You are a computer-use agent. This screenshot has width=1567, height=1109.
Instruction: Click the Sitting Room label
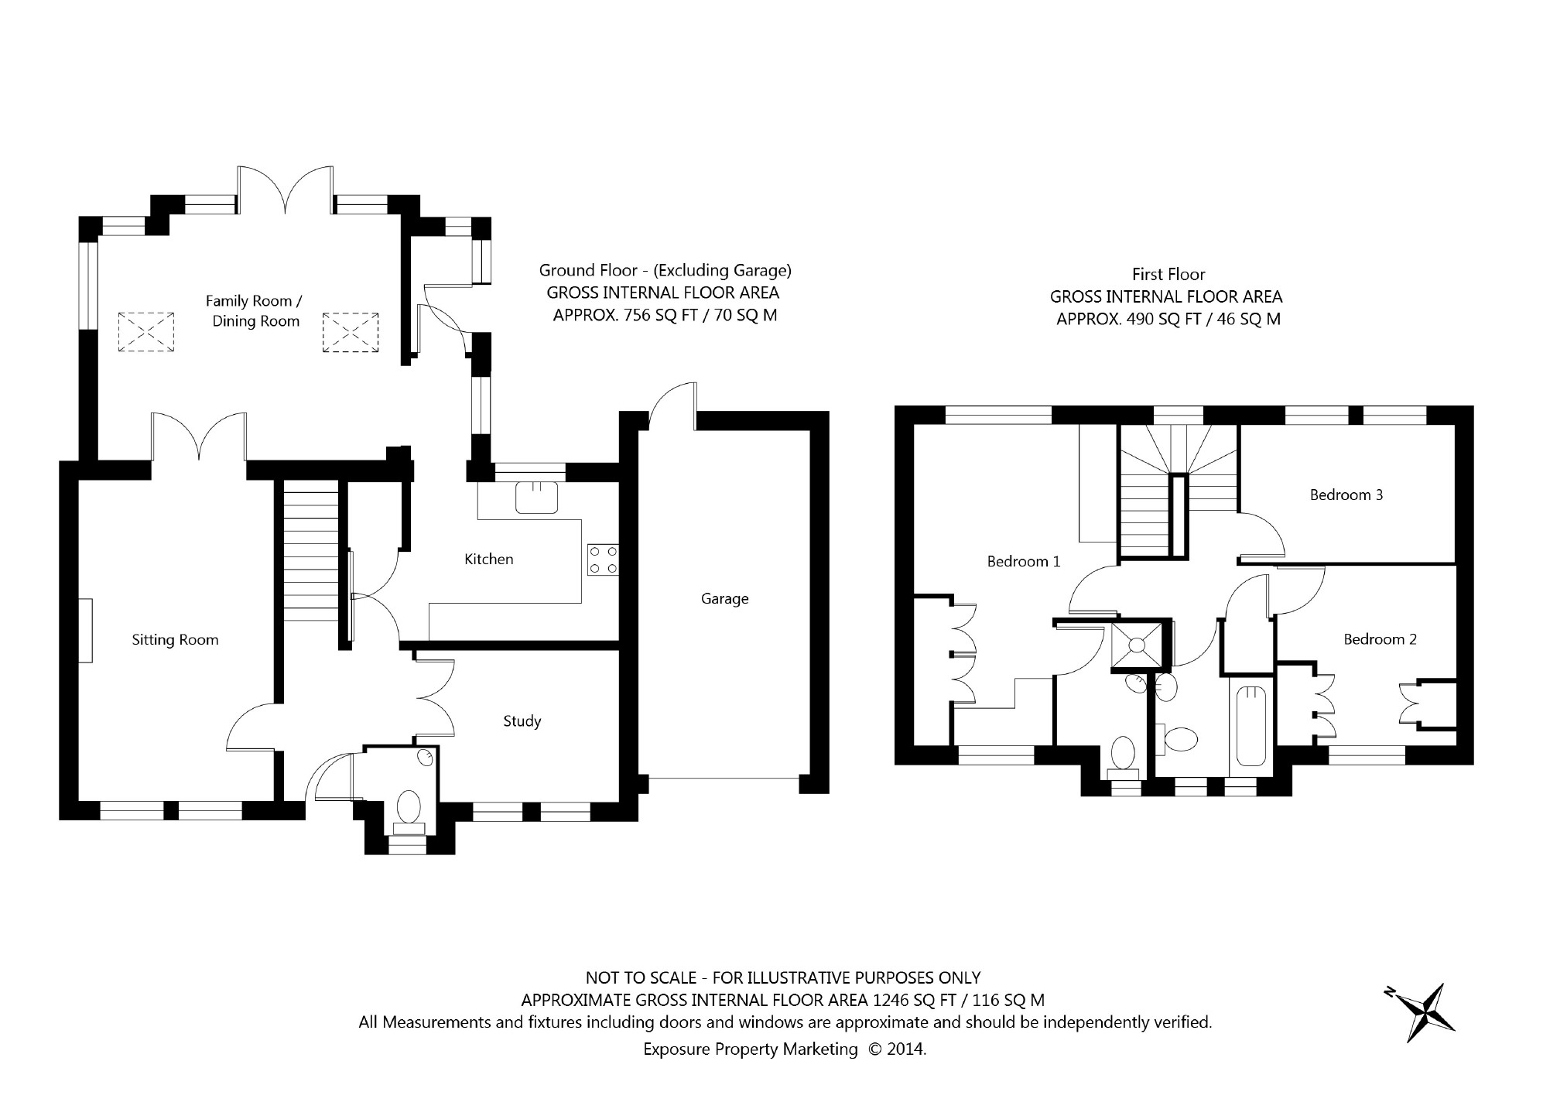(x=175, y=640)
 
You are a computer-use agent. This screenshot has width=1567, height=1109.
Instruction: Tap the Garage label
(x=725, y=598)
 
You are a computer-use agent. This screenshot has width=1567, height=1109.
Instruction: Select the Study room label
(x=522, y=721)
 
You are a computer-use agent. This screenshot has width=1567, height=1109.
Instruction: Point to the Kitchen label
(x=488, y=559)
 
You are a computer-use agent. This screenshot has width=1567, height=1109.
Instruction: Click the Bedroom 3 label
(x=1346, y=495)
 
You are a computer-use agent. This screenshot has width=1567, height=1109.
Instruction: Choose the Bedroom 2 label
(x=1380, y=639)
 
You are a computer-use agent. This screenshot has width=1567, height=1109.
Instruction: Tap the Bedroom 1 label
(x=1024, y=561)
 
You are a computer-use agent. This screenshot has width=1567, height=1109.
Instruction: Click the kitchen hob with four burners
(x=604, y=560)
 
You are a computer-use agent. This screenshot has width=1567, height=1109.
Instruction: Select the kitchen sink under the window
(x=537, y=497)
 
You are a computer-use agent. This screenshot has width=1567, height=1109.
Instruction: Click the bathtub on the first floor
(x=1251, y=727)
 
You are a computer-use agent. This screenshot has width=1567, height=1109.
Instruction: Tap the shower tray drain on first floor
(x=1138, y=644)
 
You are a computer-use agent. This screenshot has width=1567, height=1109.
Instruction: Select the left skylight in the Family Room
(x=145, y=333)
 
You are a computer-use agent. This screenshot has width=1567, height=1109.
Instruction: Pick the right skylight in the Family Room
(x=351, y=333)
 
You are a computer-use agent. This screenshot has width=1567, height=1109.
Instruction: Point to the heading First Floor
(x=1168, y=274)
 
